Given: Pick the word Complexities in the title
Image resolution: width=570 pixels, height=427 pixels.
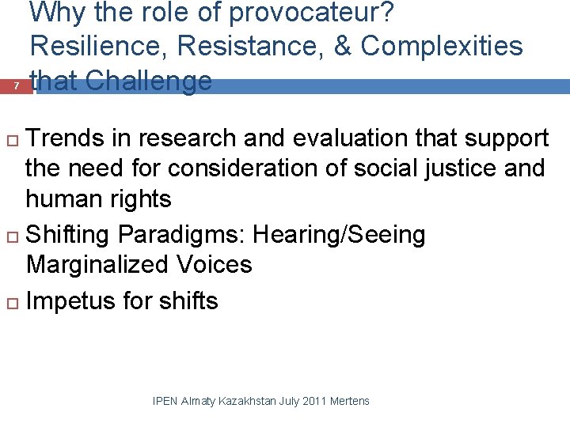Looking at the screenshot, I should click(x=443, y=47).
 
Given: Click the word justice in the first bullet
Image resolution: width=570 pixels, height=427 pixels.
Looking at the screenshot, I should click(x=450, y=168).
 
